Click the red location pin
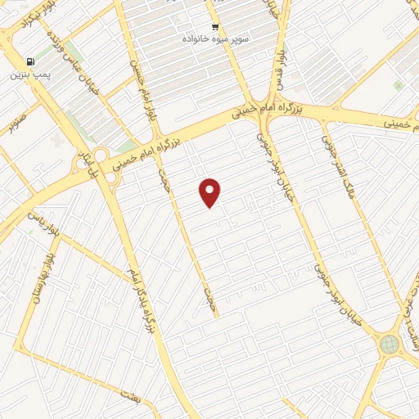(210, 191)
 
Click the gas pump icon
(30, 61)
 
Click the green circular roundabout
(390, 345)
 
